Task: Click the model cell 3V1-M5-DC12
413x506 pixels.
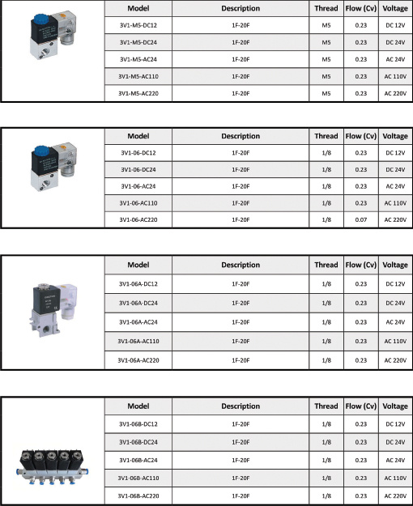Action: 138,25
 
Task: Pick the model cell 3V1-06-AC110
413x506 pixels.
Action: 138,203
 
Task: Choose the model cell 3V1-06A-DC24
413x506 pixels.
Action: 138,302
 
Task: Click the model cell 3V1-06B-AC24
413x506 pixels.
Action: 138,459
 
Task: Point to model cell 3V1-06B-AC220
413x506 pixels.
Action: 138,495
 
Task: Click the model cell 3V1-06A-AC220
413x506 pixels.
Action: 138,360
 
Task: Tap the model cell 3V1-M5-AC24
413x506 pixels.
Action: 138,59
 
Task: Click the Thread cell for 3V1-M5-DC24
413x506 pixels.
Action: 326,42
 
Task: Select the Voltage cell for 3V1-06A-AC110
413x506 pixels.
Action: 395,341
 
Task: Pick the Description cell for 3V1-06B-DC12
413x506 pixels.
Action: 241,423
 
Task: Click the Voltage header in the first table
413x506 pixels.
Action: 395,8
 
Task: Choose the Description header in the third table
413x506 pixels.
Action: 241,265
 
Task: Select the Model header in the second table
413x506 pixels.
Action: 138,136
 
